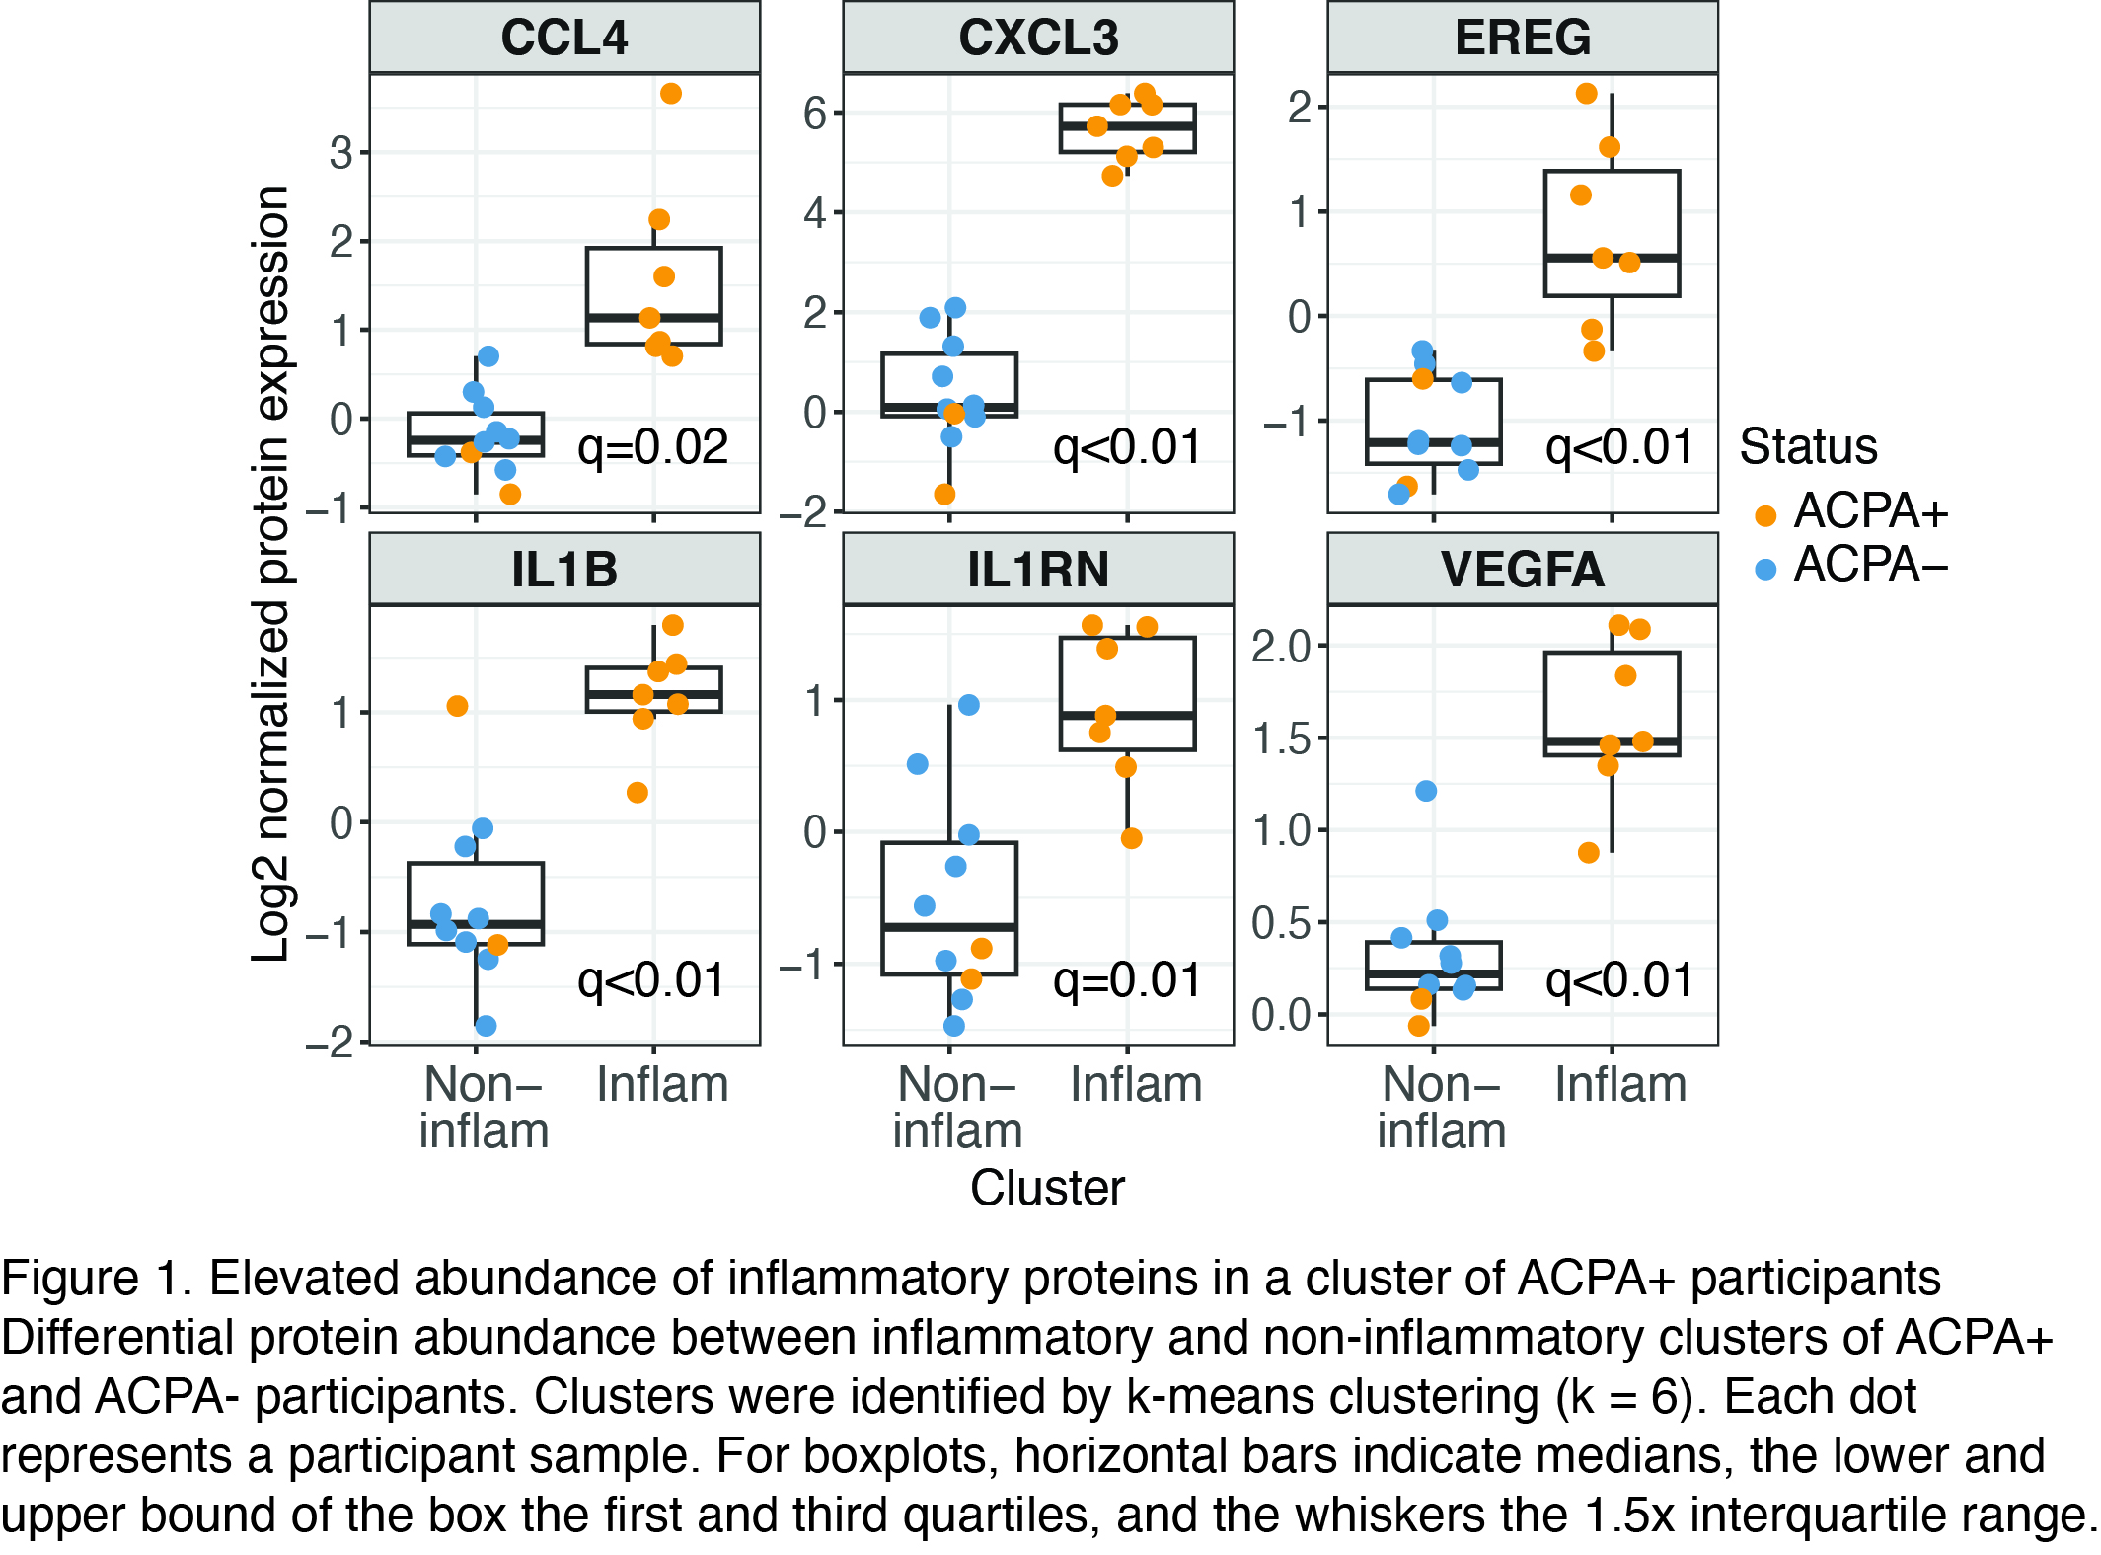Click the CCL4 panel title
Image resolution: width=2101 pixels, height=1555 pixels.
563,38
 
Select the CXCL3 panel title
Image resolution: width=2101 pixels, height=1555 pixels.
1038,38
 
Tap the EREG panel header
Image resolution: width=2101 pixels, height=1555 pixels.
1522,38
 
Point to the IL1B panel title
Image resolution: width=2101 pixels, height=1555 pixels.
563,570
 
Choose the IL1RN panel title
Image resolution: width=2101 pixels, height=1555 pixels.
1038,570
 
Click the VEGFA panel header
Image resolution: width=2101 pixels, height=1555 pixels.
1522,570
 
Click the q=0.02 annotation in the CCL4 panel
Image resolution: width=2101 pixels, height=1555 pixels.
652,447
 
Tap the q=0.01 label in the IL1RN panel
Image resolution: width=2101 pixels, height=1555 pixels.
1127,980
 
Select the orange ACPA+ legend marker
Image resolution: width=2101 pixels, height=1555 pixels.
1765,515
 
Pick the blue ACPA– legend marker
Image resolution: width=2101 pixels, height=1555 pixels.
1765,569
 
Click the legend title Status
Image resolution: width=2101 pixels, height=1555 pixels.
1808,446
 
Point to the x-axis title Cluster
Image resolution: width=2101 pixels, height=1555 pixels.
1047,1188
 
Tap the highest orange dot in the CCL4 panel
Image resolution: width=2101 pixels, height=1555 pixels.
671,94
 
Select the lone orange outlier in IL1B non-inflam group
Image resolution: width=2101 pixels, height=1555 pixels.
457,706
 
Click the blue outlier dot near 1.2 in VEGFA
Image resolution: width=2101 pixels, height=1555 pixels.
1426,791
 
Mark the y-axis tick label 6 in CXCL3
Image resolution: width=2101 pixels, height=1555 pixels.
815,113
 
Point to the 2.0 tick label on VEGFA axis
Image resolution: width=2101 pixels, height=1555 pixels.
1282,647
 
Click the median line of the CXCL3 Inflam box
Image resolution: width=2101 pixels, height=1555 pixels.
1127,126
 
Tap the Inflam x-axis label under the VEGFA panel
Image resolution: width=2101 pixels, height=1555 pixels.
1620,1085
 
